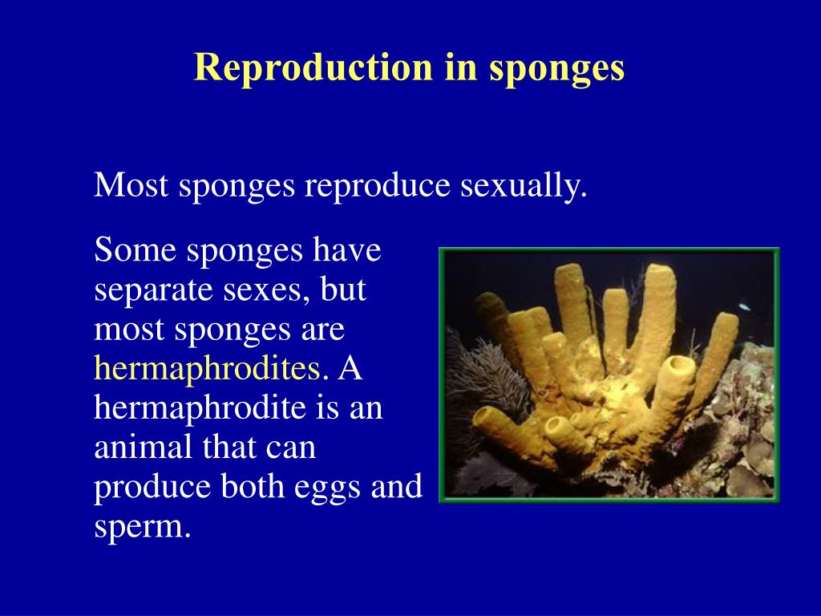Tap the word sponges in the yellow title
556,69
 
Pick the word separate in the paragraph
146,290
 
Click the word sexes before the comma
267,290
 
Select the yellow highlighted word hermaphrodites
208,369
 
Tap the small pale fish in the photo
745,306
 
